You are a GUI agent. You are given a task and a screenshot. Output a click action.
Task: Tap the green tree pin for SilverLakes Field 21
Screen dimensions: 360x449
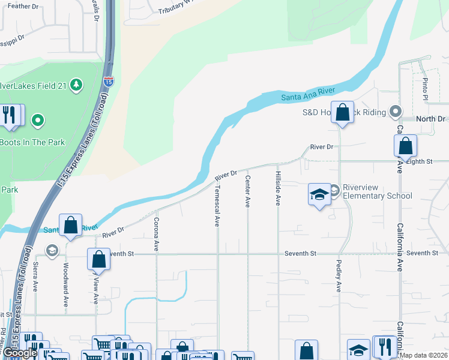pyautogui.click(x=76, y=85)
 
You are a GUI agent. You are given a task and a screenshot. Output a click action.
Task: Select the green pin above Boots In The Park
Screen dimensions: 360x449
pyautogui.click(x=38, y=121)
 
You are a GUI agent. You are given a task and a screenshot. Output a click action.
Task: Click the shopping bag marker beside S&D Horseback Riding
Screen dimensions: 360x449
pyautogui.click(x=342, y=113)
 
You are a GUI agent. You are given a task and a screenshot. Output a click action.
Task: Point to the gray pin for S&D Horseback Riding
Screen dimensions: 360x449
pyautogui.click(x=395, y=111)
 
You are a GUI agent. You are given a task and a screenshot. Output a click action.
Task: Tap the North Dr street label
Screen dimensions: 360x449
pyautogui.click(x=430, y=119)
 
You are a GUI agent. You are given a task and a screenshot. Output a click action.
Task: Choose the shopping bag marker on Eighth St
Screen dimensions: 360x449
pyautogui.click(x=405, y=146)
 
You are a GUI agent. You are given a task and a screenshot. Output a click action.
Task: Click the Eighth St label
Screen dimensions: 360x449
pyautogui.click(x=427, y=161)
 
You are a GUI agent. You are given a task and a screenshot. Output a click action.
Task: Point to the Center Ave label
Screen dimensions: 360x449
pyautogui.click(x=247, y=191)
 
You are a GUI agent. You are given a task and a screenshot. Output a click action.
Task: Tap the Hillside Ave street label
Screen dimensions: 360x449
pyautogui.click(x=278, y=189)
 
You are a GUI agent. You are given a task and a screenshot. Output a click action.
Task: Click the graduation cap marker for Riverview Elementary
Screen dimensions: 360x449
pyautogui.click(x=319, y=194)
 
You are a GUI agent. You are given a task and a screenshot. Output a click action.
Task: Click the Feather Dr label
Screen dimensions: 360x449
pyautogui.click(x=23, y=6)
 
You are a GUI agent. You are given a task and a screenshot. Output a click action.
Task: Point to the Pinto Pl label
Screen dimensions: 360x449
pyautogui.click(x=426, y=88)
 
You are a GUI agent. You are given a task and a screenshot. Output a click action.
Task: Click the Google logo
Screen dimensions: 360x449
pyautogui.click(x=19, y=353)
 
